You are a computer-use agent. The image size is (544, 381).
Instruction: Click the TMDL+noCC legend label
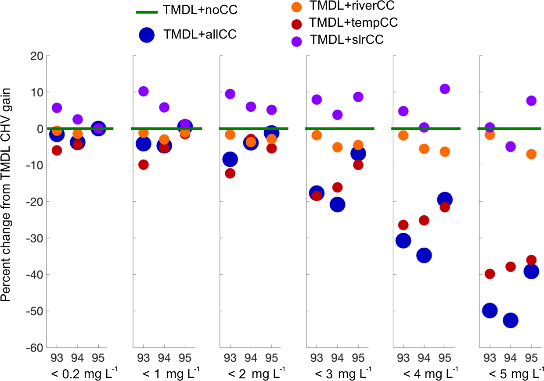[x=200, y=10]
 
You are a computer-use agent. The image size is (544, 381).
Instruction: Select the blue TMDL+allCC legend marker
[x=147, y=35]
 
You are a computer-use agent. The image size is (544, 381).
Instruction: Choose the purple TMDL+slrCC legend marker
[x=297, y=41]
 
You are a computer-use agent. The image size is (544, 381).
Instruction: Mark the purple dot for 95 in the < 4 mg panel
[x=445, y=89]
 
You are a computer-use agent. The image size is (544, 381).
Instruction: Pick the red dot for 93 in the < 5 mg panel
[x=490, y=274]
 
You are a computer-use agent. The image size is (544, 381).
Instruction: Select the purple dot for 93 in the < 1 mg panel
[x=143, y=91]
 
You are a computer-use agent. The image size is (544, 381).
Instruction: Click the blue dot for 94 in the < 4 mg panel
[x=424, y=255]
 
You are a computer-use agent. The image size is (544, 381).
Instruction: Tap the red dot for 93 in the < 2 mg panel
[x=230, y=173]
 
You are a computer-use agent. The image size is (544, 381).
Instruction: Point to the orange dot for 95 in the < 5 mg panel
[x=531, y=154]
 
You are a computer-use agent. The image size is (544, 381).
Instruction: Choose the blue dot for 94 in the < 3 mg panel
[x=337, y=204]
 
